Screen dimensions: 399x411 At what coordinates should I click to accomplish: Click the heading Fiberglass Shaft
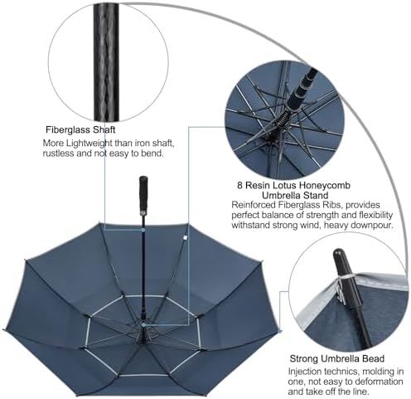80,130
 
